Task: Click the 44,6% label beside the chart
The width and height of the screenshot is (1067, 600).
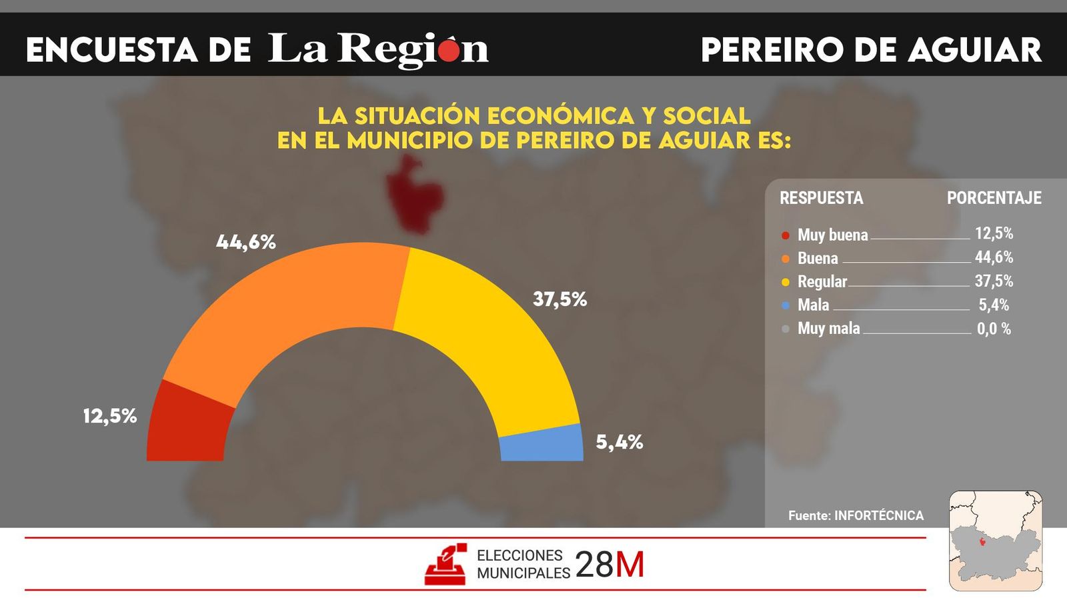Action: pyautogui.click(x=245, y=242)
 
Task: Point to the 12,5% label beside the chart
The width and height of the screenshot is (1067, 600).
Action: pyautogui.click(x=110, y=416)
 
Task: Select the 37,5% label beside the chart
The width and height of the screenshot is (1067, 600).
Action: pyautogui.click(x=560, y=299)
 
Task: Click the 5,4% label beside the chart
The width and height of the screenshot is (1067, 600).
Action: pyautogui.click(x=619, y=442)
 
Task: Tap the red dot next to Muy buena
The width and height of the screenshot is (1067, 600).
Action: pyautogui.click(x=786, y=235)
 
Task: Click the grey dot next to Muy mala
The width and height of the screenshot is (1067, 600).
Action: pyautogui.click(x=786, y=329)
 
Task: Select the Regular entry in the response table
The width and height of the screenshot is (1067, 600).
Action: pyautogui.click(x=822, y=281)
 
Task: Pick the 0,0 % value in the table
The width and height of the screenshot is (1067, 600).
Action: pyautogui.click(x=994, y=329)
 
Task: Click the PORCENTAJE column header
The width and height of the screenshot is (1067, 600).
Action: pyautogui.click(x=994, y=198)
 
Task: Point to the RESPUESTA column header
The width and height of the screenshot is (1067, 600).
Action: pyautogui.click(x=821, y=198)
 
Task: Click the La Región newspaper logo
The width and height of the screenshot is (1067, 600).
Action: pyautogui.click(x=378, y=49)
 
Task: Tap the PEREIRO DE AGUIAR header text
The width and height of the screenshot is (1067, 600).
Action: pyautogui.click(x=871, y=50)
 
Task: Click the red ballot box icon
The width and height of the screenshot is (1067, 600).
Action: pyautogui.click(x=445, y=565)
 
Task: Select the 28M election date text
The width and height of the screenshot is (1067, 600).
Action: pyautogui.click(x=610, y=565)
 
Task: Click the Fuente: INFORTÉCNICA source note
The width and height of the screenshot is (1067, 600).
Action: pyautogui.click(x=856, y=515)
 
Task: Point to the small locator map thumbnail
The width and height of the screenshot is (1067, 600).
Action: pyautogui.click(x=996, y=541)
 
